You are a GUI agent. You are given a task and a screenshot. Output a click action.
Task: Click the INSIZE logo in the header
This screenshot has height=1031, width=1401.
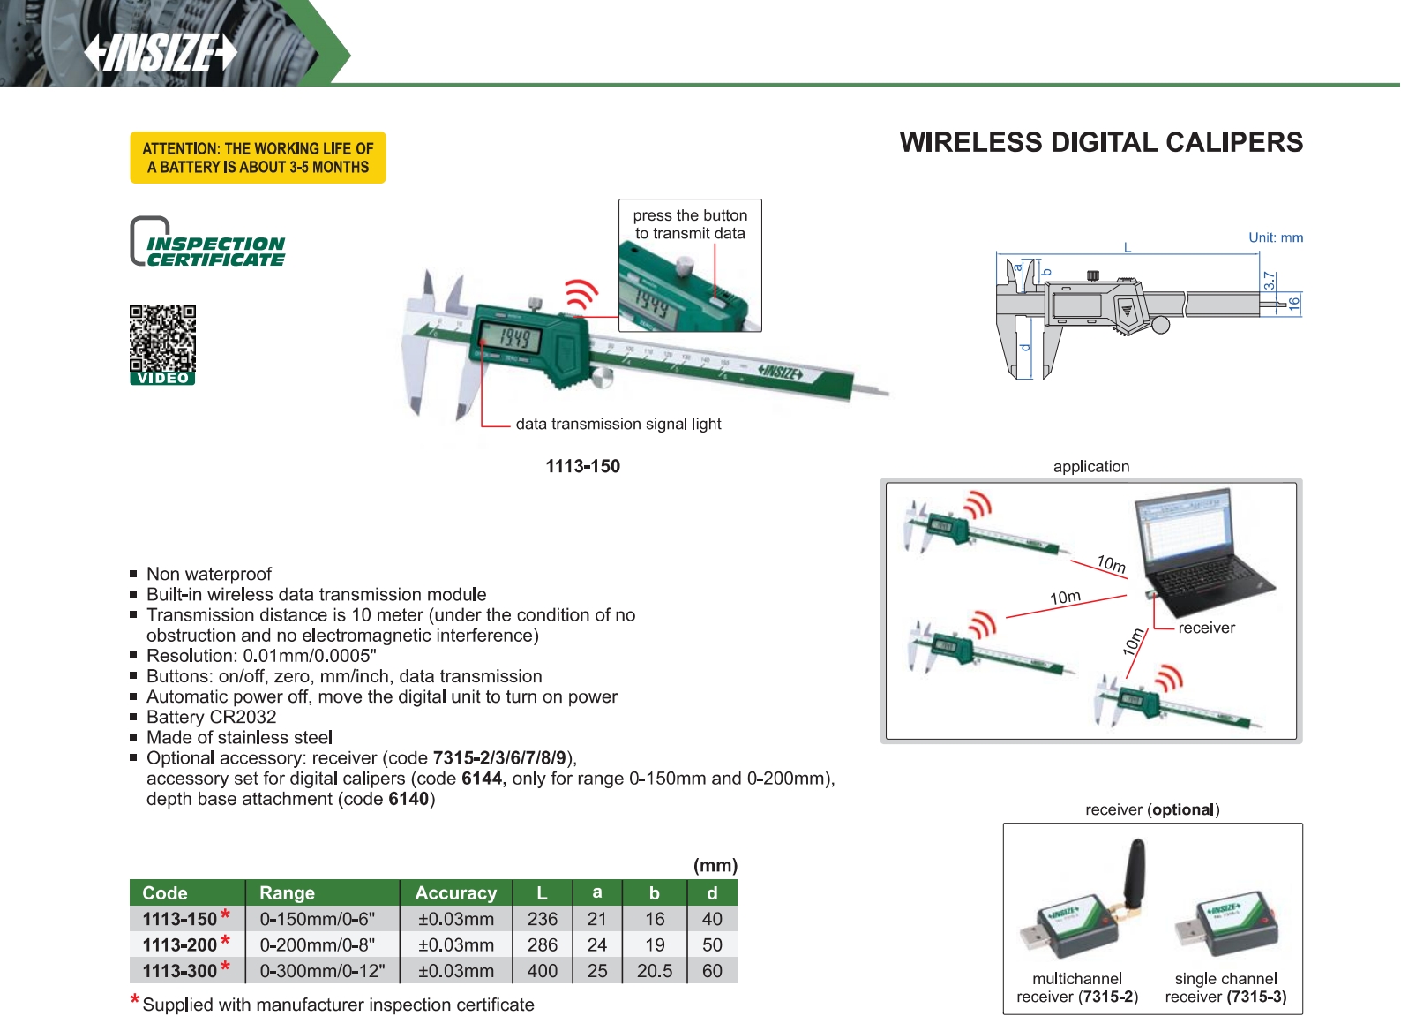pyautogui.click(x=161, y=52)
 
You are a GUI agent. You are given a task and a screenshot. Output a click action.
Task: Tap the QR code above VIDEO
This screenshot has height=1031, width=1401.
pyautogui.click(x=162, y=338)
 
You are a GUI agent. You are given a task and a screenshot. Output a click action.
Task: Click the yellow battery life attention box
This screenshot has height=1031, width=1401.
pyautogui.click(x=258, y=158)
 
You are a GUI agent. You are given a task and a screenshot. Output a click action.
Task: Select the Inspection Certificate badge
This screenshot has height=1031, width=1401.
pyautogui.click(x=208, y=242)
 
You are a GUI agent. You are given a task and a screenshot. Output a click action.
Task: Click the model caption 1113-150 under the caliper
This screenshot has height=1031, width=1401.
pyautogui.click(x=582, y=466)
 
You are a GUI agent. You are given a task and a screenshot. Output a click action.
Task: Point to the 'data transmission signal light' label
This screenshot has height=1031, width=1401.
pyautogui.click(x=618, y=424)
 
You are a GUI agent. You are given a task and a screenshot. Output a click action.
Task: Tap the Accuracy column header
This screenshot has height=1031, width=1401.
pyautogui.click(x=455, y=893)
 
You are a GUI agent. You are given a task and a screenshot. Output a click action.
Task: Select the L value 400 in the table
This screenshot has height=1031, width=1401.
pyautogui.click(x=542, y=971)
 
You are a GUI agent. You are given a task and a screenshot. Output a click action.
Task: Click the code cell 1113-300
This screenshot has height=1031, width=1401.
pyautogui.click(x=180, y=971)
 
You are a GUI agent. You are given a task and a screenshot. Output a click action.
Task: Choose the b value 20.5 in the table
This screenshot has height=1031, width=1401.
pyautogui.click(x=654, y=971)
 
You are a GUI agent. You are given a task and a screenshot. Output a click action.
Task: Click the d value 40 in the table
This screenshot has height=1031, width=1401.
pyautogui.click(x=712, y=919)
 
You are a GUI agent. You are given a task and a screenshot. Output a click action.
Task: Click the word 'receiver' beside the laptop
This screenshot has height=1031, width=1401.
pyautogui.click(x=1206, y=628)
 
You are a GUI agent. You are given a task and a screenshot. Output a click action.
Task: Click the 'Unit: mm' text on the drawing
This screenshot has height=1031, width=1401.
pyautogui.click(x=1275, y=237)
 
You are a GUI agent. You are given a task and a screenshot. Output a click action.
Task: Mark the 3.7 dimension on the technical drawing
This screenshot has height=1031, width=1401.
pyautogui.click(x=1269, y=281)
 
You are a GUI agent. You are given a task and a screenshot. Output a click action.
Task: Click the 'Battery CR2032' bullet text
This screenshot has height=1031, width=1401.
pyautogui.click(x=211, y=717)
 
